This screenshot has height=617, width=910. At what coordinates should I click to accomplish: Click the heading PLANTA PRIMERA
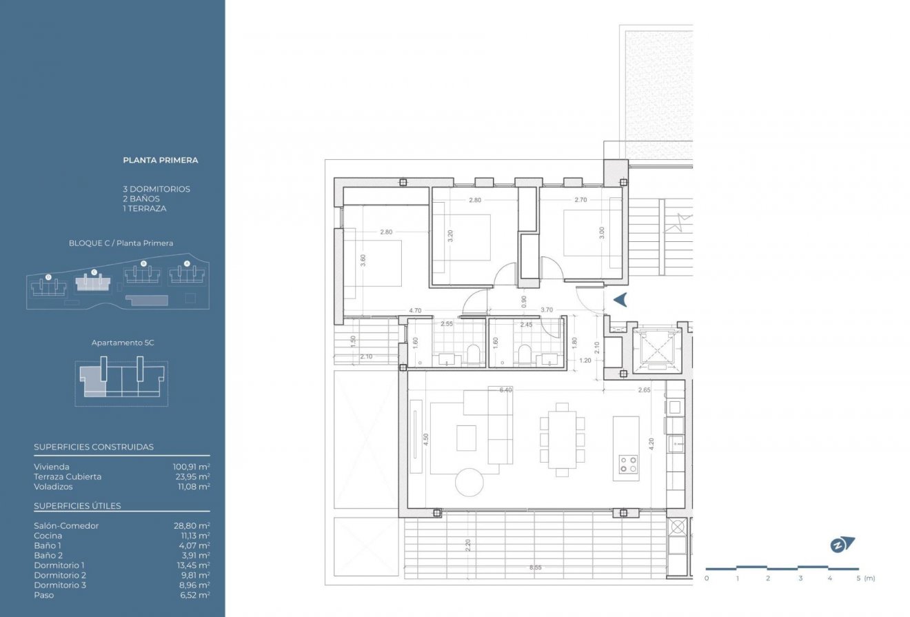(x=160, y=160)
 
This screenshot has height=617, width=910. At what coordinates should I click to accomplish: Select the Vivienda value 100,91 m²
(x=191, y=467)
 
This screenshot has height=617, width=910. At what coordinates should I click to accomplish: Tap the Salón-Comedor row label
(x=66, y=526)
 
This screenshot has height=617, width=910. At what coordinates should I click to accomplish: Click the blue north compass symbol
(x=842, y=545)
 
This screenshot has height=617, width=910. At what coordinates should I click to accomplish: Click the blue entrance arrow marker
(x=620, y=300)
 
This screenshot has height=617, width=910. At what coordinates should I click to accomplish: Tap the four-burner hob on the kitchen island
(x=627, y=464)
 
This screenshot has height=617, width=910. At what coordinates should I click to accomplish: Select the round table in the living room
(x=469, y=481)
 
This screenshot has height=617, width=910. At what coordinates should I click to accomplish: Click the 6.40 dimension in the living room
(x=506, y=390)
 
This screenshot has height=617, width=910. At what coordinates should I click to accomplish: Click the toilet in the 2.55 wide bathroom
(x=473, y=354)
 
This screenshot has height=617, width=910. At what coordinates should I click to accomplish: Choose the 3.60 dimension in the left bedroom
(x=363, y=260)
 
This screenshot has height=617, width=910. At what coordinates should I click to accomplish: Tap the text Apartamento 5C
(x=121, y=343)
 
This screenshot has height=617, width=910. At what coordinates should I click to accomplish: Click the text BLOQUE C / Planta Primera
(x=121, y=243)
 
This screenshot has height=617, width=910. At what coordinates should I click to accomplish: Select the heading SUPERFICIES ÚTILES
(x=77, y=506)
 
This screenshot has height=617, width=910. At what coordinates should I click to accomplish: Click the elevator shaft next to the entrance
(x=656, y=349)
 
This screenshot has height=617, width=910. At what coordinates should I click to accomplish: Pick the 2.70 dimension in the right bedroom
(x=580, y=200)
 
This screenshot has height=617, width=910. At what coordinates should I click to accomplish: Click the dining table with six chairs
(x=563, y=439)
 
